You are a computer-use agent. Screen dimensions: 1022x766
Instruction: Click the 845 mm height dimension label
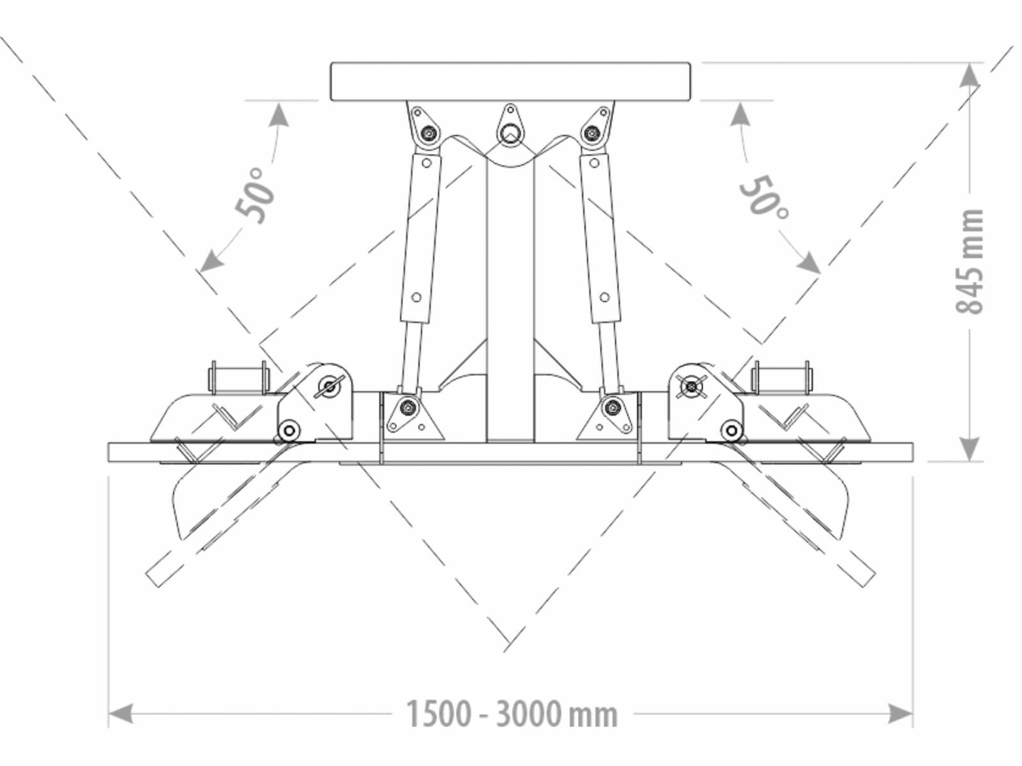tap(970, 261)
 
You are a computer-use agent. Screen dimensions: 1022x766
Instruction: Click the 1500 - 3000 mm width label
tap(512, 714)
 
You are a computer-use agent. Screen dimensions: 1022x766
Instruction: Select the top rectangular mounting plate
tap(511, 82)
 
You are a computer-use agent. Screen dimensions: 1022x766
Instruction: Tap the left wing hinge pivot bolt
tap(330, 386)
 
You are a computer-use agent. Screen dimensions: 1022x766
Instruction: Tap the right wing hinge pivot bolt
tap(691, 386)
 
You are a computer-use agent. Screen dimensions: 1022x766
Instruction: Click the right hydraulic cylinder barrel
tap(600, 237)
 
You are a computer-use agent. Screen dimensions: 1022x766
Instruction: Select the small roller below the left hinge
tap(289, 430)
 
